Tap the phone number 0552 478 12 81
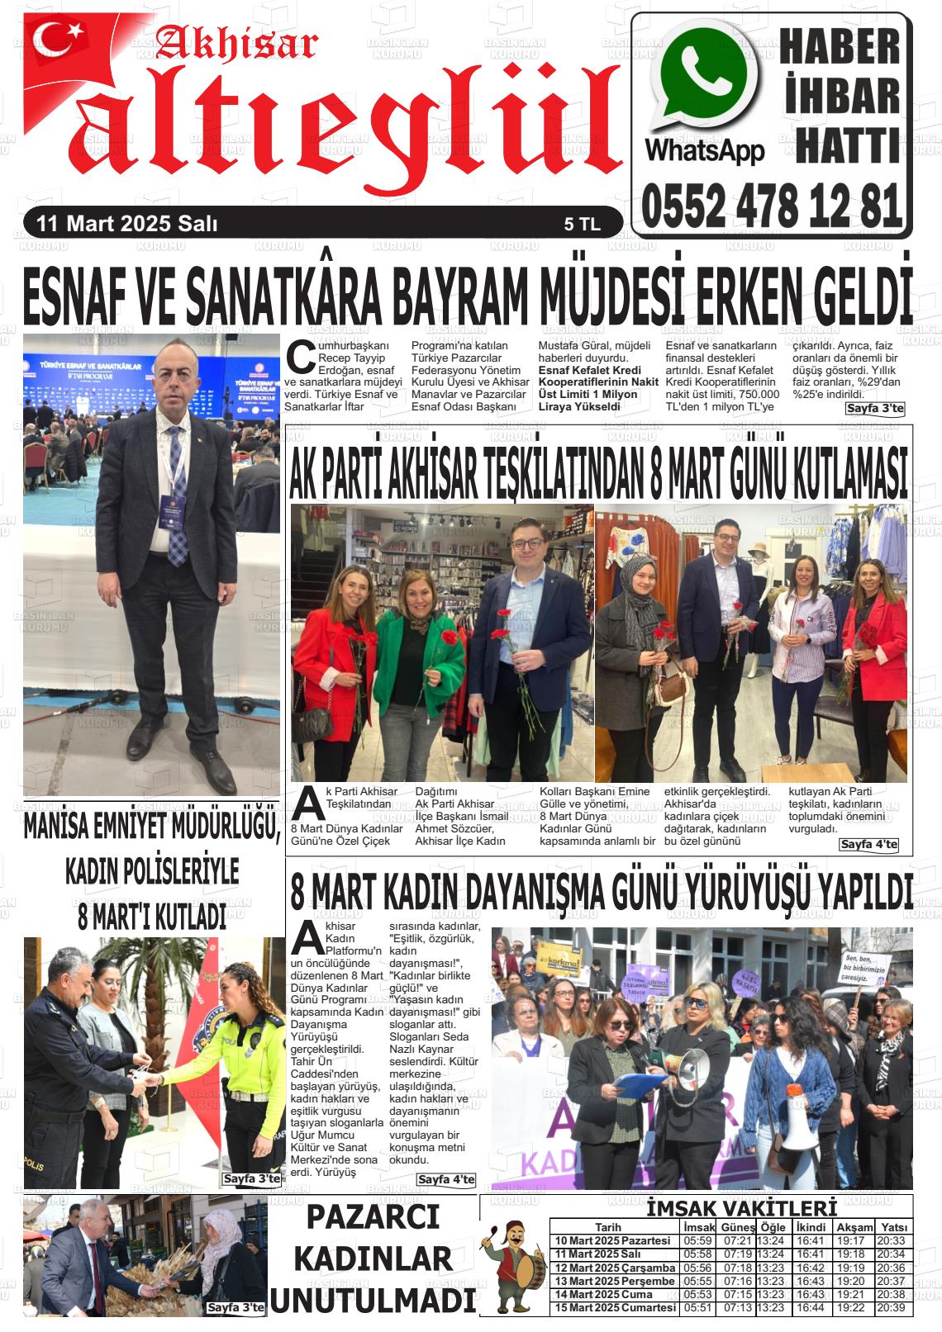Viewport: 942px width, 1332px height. [771, 206]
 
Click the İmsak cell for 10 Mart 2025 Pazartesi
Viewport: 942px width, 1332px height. [697, 1241]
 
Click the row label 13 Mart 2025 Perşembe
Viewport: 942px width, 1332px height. [615, 1282]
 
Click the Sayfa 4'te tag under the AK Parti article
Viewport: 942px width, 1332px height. [868, 844]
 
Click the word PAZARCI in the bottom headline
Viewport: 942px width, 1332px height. [373, 1218]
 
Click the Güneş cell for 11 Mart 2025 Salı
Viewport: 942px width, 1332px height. [737, 1254]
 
